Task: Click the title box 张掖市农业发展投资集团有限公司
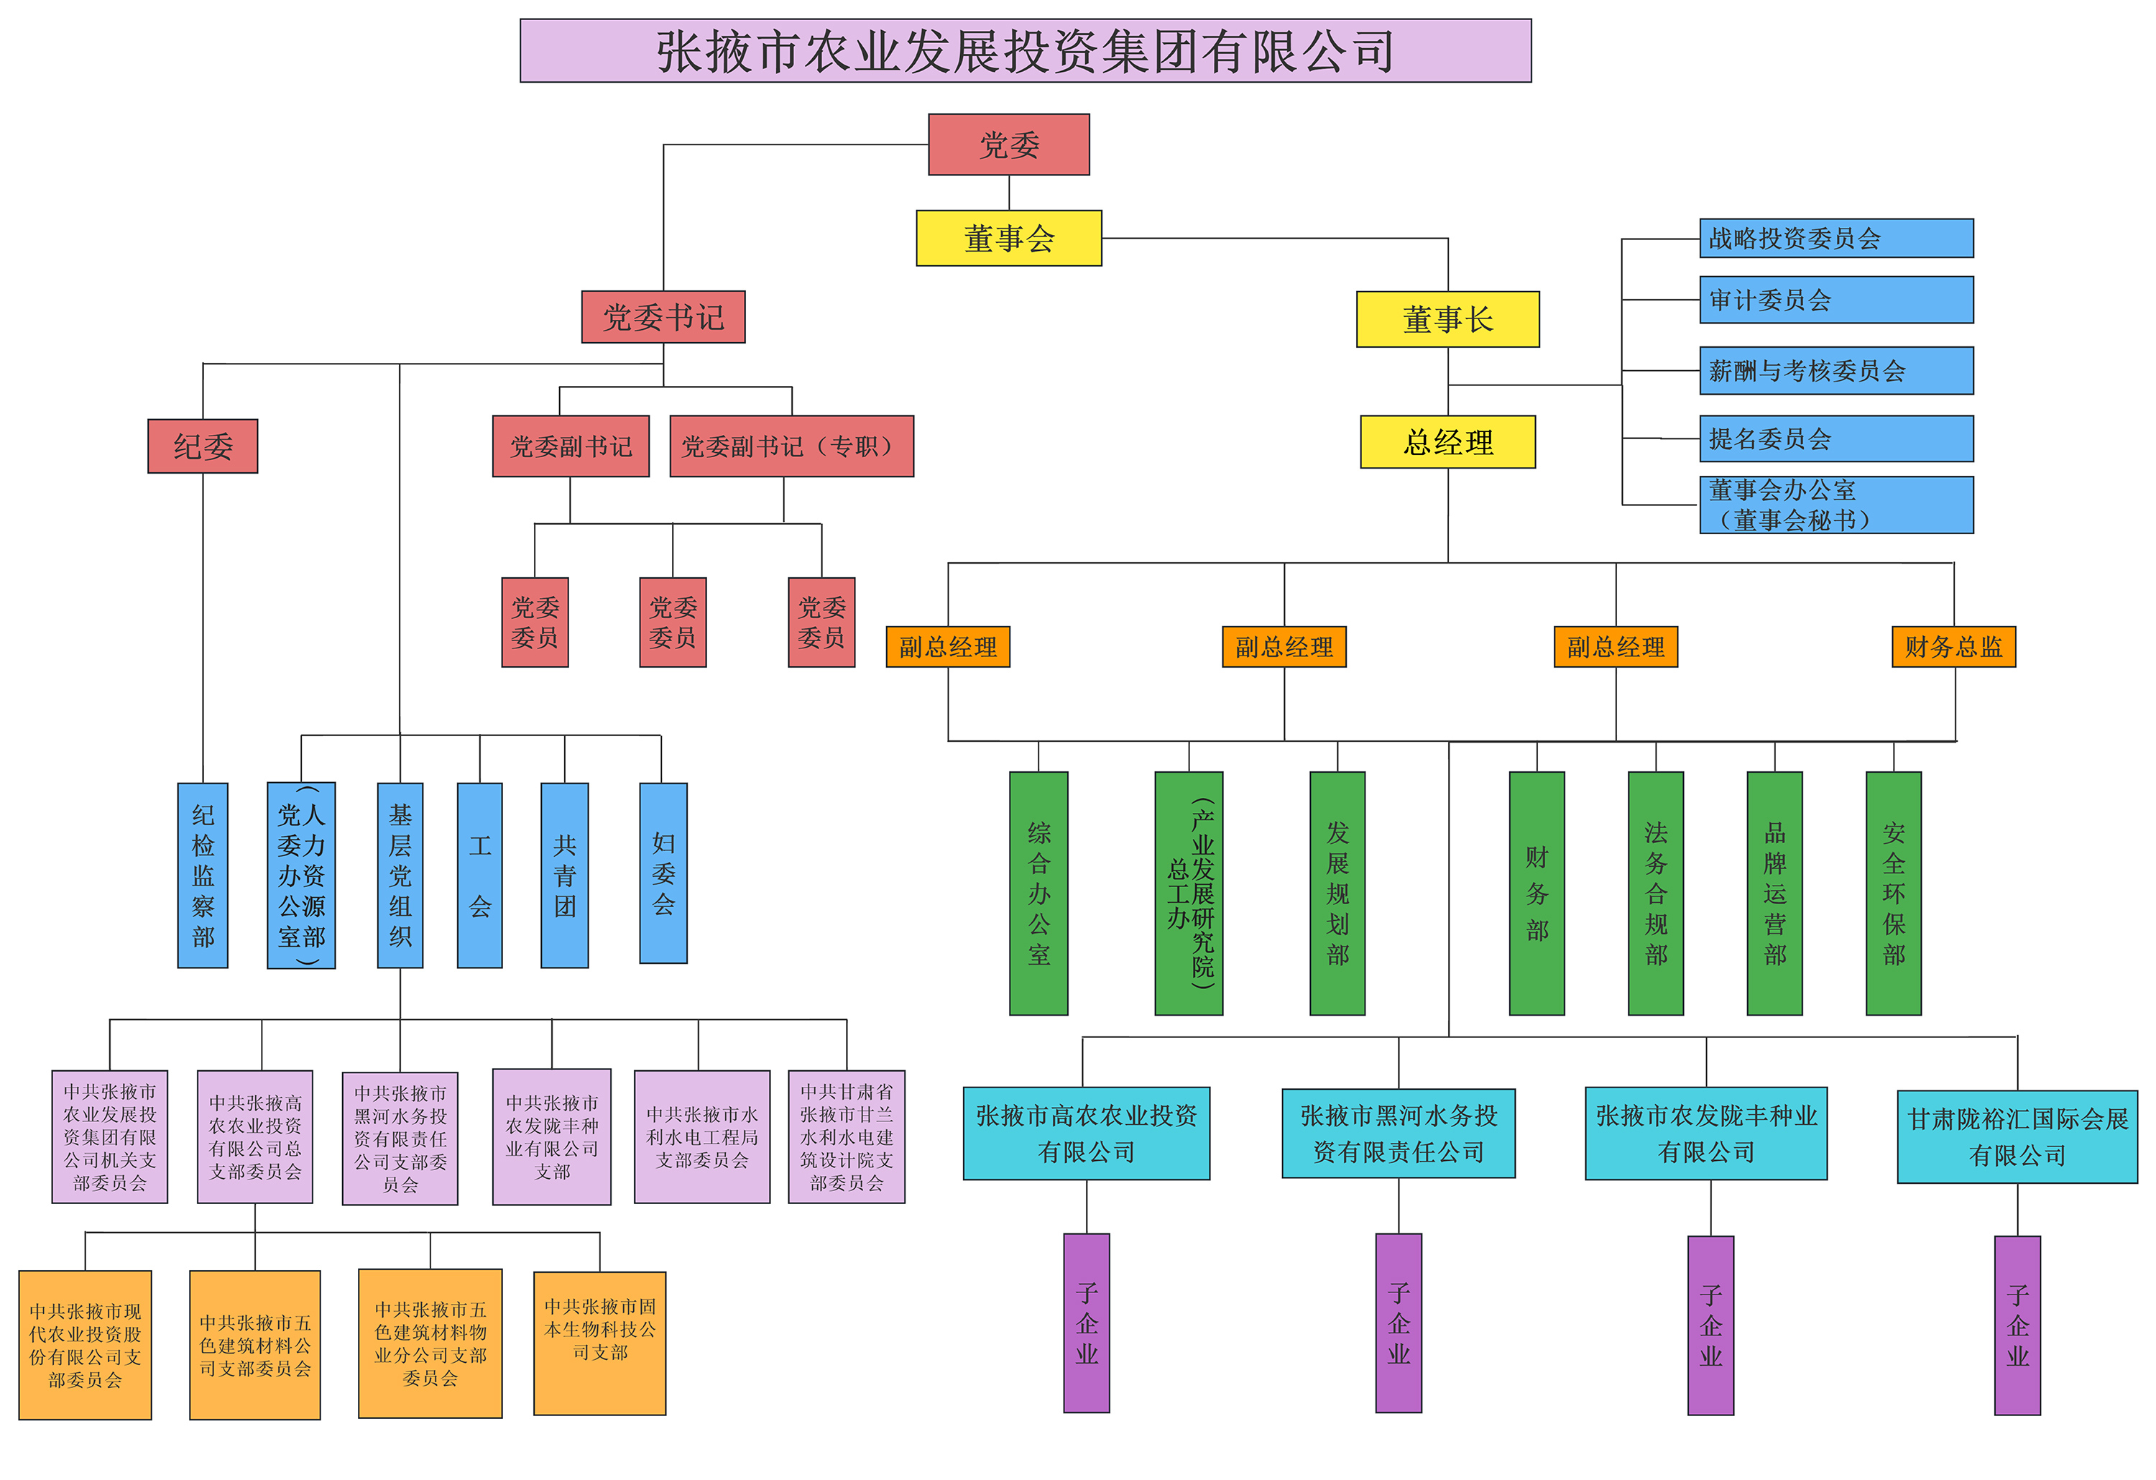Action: pos(1025,51)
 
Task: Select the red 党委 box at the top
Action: pos(1008,144)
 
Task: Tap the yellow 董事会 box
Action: pos(1008,239)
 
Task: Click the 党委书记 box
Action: pos(663,317)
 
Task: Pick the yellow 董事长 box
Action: pos(1447,319)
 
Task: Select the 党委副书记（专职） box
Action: pos(791,446)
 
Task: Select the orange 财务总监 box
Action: pos(1953,647)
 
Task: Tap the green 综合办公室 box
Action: pos(1038,893)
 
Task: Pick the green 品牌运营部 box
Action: pos(1774,893)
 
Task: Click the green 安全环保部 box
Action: pos(1892,893)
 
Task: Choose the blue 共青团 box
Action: pos(564,875)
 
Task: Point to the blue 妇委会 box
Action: pos(663,873)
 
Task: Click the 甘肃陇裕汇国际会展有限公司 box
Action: pos(2017,1136)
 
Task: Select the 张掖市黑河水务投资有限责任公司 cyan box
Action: pos(1398,1133)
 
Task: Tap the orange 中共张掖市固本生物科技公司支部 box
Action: pos(599,1343)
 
